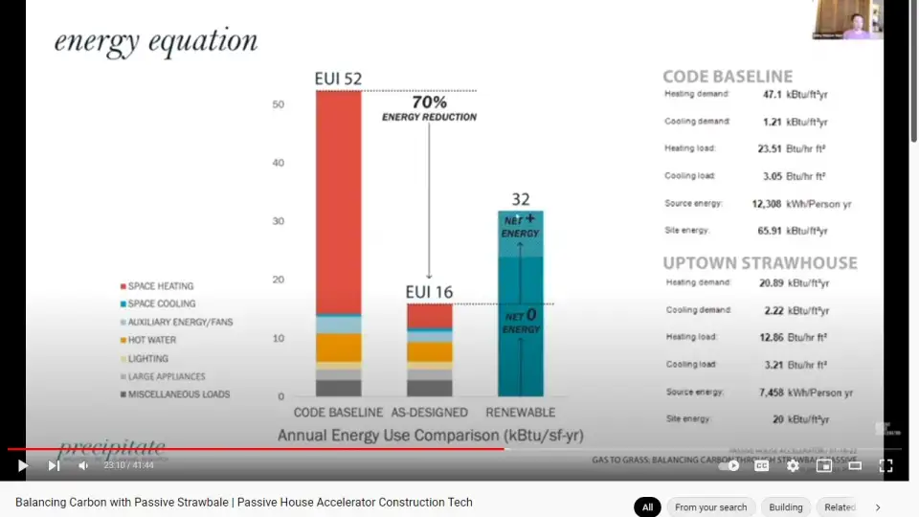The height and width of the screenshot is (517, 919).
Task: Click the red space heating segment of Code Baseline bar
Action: tap(338, 201)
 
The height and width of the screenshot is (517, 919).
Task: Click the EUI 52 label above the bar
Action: tap(338, 79)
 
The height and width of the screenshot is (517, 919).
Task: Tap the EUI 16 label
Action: tap(429, 292)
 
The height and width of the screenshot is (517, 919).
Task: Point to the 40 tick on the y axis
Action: tap(278, 163)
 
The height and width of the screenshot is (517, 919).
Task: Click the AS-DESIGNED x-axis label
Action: tap(429, 413)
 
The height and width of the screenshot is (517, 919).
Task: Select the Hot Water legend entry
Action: tap(151, 340)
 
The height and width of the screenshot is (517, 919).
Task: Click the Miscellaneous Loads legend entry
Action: tap(178, 394)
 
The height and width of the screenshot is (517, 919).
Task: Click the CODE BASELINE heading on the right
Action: tap(728, 77)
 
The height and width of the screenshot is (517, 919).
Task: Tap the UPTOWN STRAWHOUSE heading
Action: tap(760, 262)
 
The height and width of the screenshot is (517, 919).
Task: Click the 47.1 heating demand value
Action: tap(773, 95)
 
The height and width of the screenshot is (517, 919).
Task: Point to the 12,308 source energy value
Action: tap(767, 204)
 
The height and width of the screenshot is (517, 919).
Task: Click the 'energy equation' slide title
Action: tap(156, 41)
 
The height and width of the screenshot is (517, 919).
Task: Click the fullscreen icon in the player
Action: tap(885, 466)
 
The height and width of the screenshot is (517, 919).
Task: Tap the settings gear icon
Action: tap(793, 466)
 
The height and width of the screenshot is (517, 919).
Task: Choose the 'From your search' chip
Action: tap(710, 507)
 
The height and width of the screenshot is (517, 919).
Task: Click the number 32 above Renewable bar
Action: tap(520, 199)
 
